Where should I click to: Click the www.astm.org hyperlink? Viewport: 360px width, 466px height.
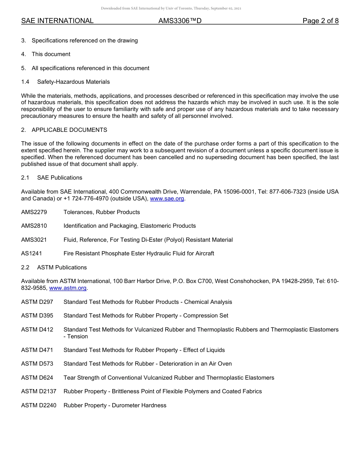(68, 288)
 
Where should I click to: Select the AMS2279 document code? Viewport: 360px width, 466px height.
(34, 212)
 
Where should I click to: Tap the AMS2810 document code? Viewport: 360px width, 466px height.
(34, 226)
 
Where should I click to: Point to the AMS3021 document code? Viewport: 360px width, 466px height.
(34, 240)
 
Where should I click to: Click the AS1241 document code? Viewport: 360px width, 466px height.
(31, 253)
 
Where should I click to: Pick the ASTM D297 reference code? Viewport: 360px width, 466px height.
(37, 302)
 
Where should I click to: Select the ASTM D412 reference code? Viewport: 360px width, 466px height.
(37, 330)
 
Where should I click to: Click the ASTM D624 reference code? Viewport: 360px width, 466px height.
(37, 378)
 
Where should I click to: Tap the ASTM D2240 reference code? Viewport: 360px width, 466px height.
(39, 405)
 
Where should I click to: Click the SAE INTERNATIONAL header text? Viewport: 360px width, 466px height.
(57, 21)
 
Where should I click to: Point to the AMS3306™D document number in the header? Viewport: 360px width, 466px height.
(180, 21)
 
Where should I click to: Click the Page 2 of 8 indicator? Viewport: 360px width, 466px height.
(321, 21)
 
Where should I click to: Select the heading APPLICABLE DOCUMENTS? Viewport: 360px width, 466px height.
(69, 130)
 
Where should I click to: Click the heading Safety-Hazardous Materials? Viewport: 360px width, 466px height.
(74, 82)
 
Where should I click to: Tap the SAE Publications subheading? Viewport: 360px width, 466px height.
(59, 178)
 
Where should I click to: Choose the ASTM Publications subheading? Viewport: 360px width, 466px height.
(62, 267)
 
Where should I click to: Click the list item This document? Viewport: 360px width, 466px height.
(51, 54)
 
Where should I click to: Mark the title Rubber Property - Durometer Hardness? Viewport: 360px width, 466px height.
(115, 405)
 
